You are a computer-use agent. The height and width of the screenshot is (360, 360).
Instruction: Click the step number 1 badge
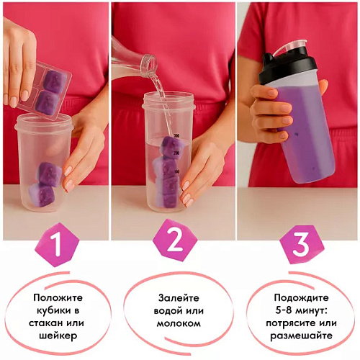click(x=58, y=245)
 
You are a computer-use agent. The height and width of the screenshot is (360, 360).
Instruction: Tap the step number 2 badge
click(x=175, y=241)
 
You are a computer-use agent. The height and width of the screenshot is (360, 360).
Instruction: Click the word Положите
click(x=58, y=298)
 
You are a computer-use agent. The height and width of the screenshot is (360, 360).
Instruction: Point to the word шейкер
click(x=58, y=336)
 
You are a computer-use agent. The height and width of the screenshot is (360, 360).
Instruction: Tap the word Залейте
click(x=179, y=298)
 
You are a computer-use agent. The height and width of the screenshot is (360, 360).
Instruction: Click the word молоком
click(x=179, y=323)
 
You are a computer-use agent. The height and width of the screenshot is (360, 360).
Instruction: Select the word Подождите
click(x=302, y=298)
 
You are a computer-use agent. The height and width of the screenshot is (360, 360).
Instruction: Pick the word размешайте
click(x=302, y=336)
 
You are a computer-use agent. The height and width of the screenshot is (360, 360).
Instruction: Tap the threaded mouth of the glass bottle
click(x=150, y=63)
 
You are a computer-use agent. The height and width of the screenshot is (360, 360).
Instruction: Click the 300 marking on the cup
click(x=176, y=136)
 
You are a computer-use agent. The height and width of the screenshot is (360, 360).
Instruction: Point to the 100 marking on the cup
click(x=176, y=172)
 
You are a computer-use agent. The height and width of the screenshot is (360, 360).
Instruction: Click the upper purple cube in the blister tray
click(x=55, y=79)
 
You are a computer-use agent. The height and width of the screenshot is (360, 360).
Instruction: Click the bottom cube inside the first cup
click(x=42, y=195)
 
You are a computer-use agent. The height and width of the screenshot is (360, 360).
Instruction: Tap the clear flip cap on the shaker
click(x=292, y=48)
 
